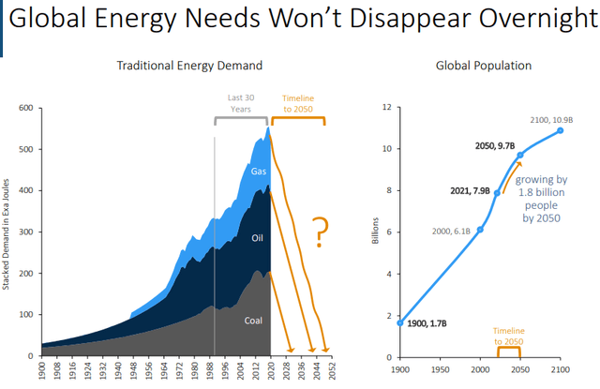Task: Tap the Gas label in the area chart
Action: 259,172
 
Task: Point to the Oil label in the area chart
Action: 258,237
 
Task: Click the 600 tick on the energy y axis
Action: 24,109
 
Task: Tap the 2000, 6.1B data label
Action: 451,231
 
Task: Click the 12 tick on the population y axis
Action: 384,108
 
